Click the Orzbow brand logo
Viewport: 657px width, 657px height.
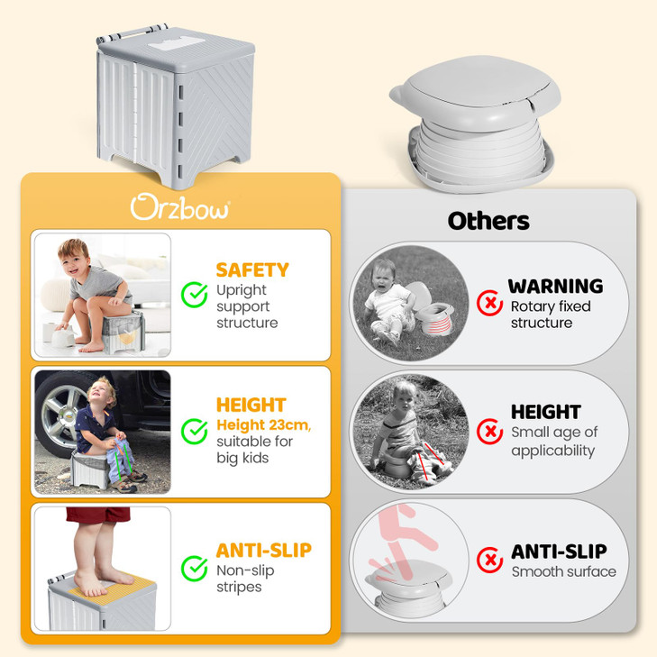[180, 207]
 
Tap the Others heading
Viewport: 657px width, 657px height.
[488, 221]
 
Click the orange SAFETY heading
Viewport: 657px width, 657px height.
[251, 269]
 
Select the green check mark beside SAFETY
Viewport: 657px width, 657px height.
[195, 295]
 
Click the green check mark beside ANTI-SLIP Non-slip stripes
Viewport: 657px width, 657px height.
[195, 569]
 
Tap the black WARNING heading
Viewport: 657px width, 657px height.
[555, 287]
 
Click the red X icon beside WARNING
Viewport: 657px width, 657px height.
[489, 305]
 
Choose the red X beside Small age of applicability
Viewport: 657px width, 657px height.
[489, 432]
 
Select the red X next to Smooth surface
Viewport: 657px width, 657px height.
[489, 560]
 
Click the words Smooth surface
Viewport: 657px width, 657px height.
[563, 571]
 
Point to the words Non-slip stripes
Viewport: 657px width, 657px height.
[245, 579]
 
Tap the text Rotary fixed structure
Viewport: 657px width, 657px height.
[551, 315]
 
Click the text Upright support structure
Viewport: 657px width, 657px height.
[247, 306]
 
